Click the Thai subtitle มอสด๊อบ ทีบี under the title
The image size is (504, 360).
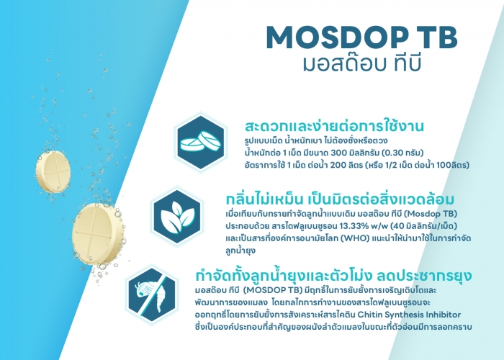coord(362,63)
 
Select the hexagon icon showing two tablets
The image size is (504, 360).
coord(201,142)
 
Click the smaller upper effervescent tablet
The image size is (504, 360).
coord(53,171)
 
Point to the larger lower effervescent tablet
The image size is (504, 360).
coord(97,234)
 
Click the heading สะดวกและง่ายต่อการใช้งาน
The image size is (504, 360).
coord(334,126)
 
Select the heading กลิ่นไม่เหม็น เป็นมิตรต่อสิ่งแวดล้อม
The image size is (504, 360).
coord(340,199)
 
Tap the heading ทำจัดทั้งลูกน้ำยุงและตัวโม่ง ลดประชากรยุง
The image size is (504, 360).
coord(333,275)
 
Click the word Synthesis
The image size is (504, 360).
coord(404,315)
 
